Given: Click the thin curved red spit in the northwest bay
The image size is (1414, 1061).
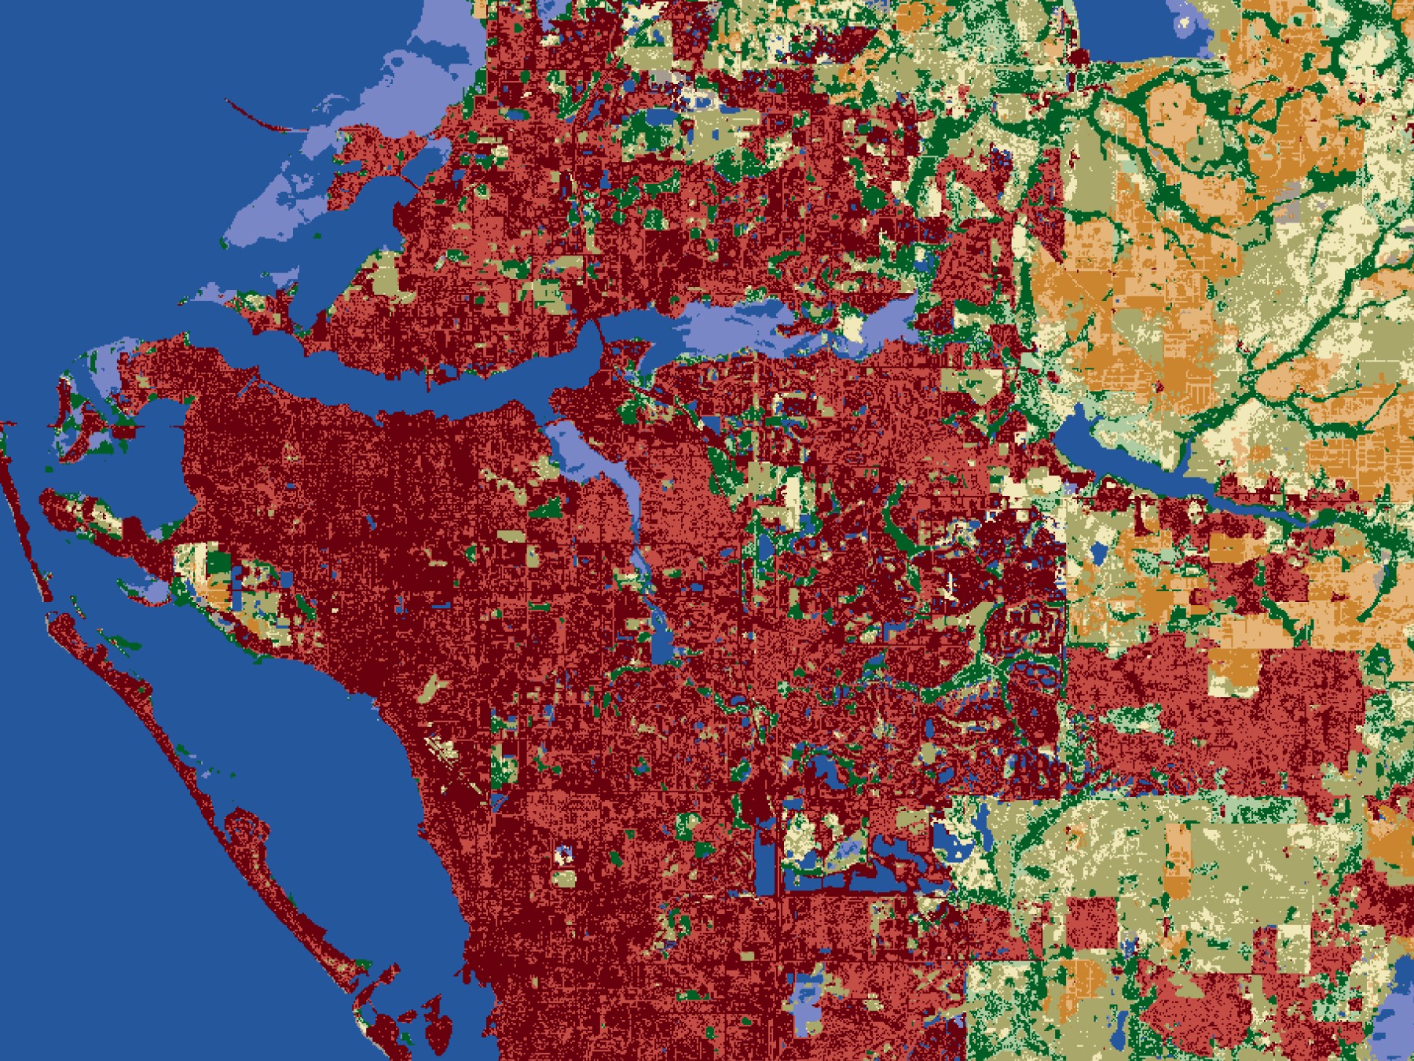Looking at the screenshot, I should coord(259,118).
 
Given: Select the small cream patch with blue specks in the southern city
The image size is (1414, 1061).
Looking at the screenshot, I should coord(563,855).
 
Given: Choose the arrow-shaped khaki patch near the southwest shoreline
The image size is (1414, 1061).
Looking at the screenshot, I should coord(432,688).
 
